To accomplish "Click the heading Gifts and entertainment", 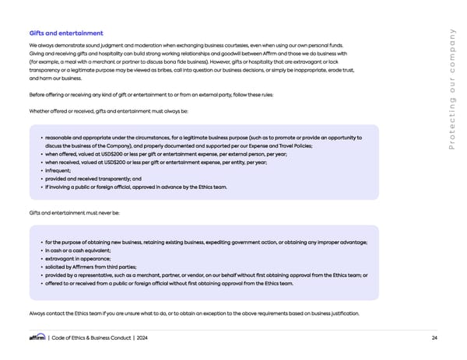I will (x=66, y=33).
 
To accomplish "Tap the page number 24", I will (x=434, y=337).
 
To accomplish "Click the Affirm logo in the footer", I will (x=37, y=337).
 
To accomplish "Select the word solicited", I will (x=59, y=267).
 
